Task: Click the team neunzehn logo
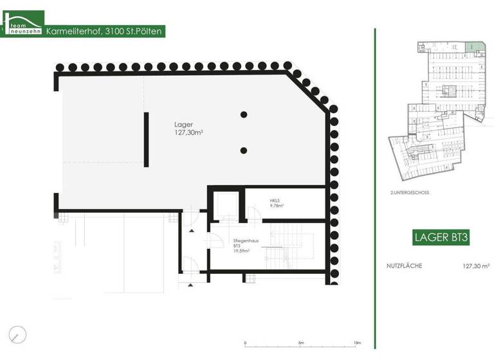click(x=23, y=24)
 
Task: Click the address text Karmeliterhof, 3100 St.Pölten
click(x=105, y=30)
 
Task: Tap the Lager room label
click(x=183, y=124)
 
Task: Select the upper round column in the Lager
click(x=244, y=115)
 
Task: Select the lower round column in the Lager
click(x=244, y=150)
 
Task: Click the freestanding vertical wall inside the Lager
click(x=147, y=139)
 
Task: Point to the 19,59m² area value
click(x=241, y=251)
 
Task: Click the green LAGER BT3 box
click(x=441, y=238)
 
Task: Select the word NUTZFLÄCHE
click(x=404, y=265)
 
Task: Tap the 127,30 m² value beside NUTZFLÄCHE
click(x=476, y=265)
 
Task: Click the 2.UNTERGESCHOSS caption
click(x=409, y=193)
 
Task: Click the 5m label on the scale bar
click(x=301, y=343)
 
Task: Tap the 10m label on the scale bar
click(x=358, y=343)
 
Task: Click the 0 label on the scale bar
click(x=245, y=343)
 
